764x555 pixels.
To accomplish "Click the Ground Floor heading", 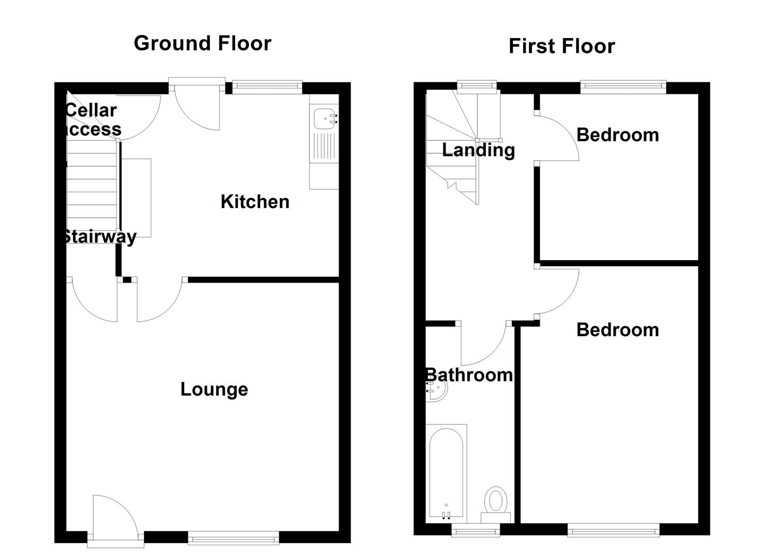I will pyautogui.click(x=202, y=43).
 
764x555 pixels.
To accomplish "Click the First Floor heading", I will pyautogui.click(x=561, y=46).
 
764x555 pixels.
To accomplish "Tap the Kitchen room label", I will pyautogui.click(x=255, y=201).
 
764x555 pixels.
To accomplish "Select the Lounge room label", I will pyautogui.click(x=214, y=389).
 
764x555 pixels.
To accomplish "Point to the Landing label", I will pyautogui.click(x=478, y=150).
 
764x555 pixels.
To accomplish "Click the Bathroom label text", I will pyautogui.click(x=469, y=375).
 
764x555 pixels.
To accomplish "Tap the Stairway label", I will pyautogui.click(x=99, y=236).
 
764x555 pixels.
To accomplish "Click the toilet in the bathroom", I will pyautogui.click(x=496, y=501).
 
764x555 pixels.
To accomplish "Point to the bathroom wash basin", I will pyautogui.click(x=436, y=391).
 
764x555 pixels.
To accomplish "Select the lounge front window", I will pyautogui.click(x=233, y=539).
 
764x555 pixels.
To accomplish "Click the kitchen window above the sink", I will pyautogui.click(x=266, y=87).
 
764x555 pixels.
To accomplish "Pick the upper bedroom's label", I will pyautogui.click(x=617, y=135).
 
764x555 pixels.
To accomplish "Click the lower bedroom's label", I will pyautogui.click(x=617, y=329).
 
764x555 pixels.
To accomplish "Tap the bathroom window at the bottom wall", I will pyautogui.click(x=475, y=530).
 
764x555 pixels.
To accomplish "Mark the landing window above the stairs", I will pyautogui.click(x=477, y=87).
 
